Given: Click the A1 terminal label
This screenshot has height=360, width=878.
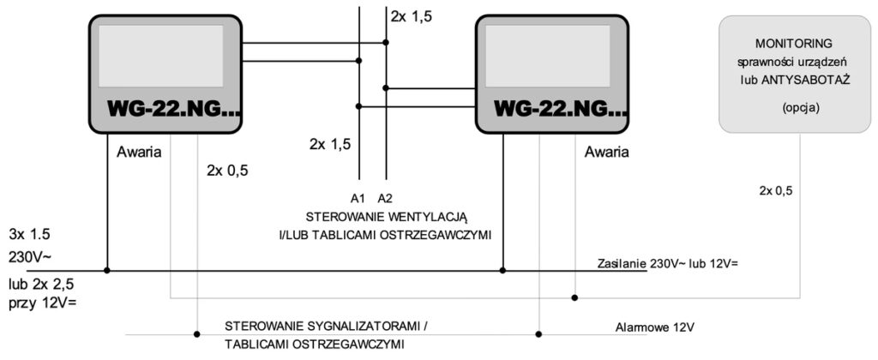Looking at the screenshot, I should tap(358, 198).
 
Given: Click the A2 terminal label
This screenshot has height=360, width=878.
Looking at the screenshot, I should tap(386, 198).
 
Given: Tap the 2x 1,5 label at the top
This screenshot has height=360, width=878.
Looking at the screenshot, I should tap(412, 15).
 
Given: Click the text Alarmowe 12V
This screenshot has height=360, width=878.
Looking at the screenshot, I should tap(655, 327).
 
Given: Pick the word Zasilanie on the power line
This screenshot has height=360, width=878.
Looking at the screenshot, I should tap(622, 263).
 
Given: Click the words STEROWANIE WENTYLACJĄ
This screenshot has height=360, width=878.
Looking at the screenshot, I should tap(392, 217).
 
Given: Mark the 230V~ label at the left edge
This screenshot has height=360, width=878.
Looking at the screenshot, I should tap(30, 257).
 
